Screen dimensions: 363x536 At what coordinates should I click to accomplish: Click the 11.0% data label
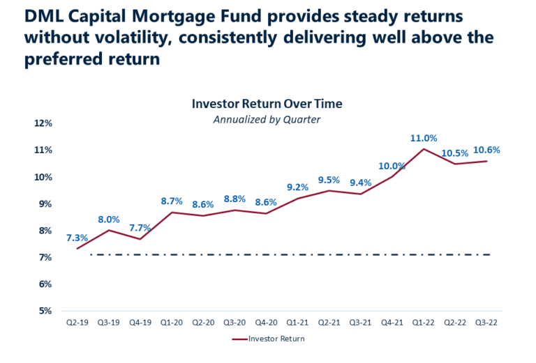tap(424, 138)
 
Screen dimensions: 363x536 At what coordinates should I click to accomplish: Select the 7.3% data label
tap(77, 238)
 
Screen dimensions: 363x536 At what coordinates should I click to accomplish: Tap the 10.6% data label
tap(486, 150)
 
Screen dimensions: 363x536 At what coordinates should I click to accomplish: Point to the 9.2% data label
tap(297, 187)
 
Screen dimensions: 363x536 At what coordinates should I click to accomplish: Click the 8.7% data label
tap(172, 201)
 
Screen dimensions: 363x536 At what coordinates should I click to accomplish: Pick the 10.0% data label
tap(392, 166)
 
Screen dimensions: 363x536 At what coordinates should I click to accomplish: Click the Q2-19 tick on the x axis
tap(77, 323)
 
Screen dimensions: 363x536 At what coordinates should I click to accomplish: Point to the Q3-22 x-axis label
tap(486, 323)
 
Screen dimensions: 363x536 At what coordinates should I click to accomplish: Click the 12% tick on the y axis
tap(43, 123)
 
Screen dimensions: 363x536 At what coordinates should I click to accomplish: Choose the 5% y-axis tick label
tap(45, 311)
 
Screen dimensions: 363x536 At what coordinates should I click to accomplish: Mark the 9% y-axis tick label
tap(45, 204)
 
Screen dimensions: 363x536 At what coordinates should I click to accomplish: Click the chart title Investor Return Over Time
tap(267, 104)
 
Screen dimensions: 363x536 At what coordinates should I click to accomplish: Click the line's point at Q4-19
tap(140, 239)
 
